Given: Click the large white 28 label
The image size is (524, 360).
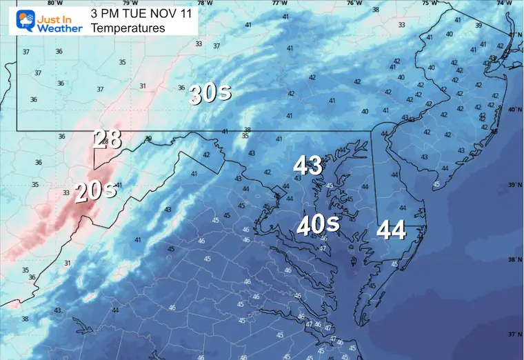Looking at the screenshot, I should [x=108, y=139].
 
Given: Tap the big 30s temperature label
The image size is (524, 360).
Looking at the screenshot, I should [x=210, y=94].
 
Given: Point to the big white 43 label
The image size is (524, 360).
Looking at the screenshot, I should [x=308, y=165].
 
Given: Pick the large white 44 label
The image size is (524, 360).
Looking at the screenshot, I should [x=391, y=230].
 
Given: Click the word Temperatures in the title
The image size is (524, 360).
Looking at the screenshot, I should [x=128, y=28].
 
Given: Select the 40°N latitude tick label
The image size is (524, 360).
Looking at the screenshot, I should [x=514, y=110].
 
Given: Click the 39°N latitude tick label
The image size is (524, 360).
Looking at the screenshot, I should [x=514, y=186].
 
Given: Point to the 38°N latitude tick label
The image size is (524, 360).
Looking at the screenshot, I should [x=514, y=260].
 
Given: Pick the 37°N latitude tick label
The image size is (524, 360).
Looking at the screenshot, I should [x=514, y=334].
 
